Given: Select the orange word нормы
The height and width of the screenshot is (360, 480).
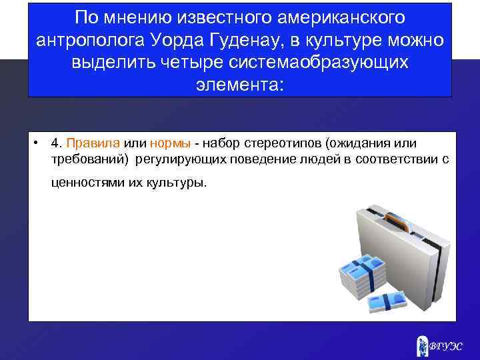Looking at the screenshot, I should click(171, 143).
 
